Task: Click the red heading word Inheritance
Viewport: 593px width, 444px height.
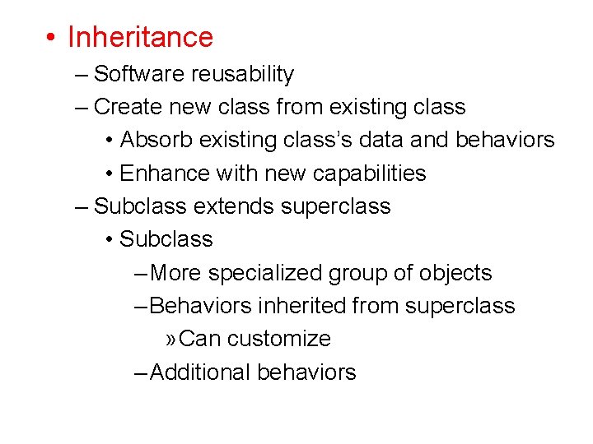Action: pyautogui.click(x=140, y=37)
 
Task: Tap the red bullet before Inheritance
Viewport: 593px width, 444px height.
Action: pyautogui.click(x=51, y=38)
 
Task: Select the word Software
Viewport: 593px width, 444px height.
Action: pyautogui.click(x=139, y=74)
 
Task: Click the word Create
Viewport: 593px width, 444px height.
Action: pyautogui.click(x=126, y=107)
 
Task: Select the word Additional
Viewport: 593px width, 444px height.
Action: pyautogui.click(x=201, y=372)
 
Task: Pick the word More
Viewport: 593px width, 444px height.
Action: pyautogui.click(x=176, y=273)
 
